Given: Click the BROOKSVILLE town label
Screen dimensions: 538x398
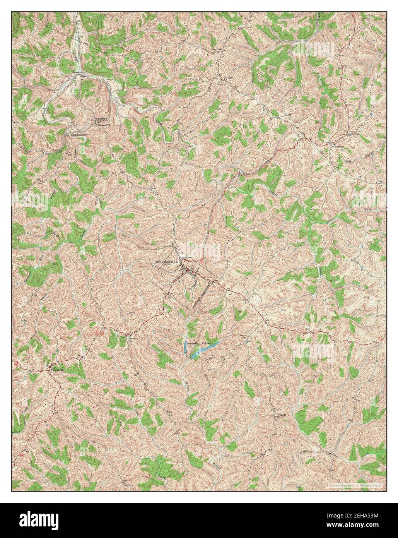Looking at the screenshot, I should click(x=167, y=262).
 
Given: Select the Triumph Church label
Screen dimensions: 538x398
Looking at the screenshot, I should click(x=280, y=415).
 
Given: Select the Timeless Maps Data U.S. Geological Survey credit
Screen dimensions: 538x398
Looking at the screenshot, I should click(x=355, y=485).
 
